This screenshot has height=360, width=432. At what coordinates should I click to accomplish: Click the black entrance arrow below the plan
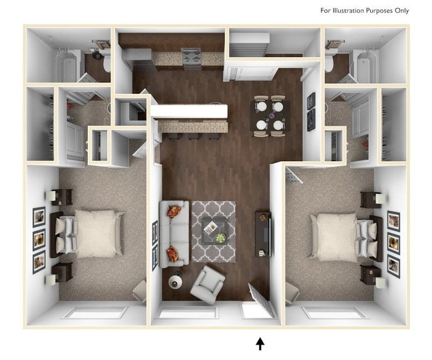pyautogui.click(x=260, y=343)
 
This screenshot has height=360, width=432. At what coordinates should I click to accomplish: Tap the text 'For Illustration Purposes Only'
pyautogui.click(x=364, y=11)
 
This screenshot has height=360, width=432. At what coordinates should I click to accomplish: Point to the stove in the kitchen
pyautogui.click(x=192, y=59)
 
